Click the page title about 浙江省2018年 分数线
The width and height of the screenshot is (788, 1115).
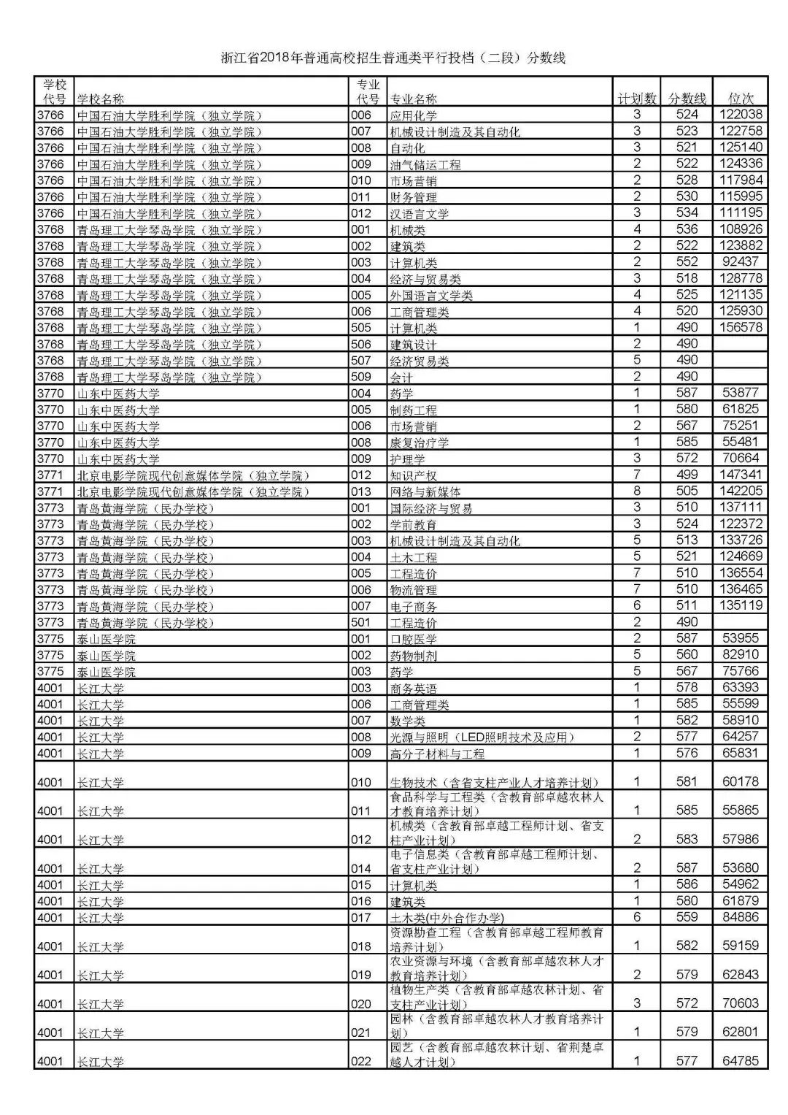(393, 58)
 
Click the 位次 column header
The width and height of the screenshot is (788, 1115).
(741, 99)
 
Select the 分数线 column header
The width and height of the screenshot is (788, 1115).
(687, 99)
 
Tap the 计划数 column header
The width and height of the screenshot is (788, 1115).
(636, 99)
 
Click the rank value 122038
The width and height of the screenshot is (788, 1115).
(741, 115)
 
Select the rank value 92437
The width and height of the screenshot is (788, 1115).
(741, 261)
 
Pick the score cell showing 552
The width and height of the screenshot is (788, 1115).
(687, 261)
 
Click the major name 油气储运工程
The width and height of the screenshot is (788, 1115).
(425, 164)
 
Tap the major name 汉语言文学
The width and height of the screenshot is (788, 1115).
(420, 213)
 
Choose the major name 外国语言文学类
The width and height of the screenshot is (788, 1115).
(431, 295)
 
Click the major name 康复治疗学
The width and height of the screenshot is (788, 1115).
(420, 442)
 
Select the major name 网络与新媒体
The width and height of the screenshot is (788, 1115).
(425, 491)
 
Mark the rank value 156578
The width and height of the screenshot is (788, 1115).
(741, 327)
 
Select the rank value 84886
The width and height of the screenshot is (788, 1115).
(741, 916)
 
